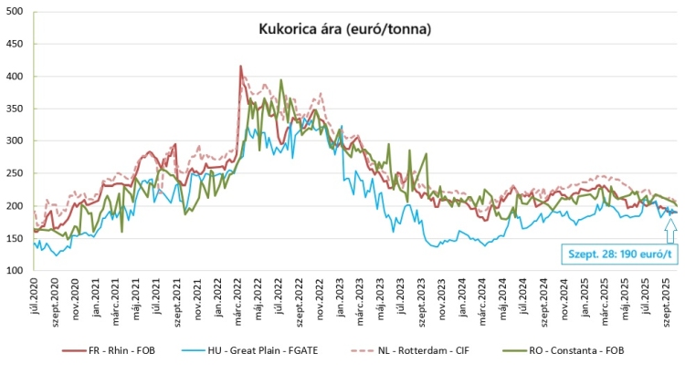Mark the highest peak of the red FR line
(240, 66)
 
